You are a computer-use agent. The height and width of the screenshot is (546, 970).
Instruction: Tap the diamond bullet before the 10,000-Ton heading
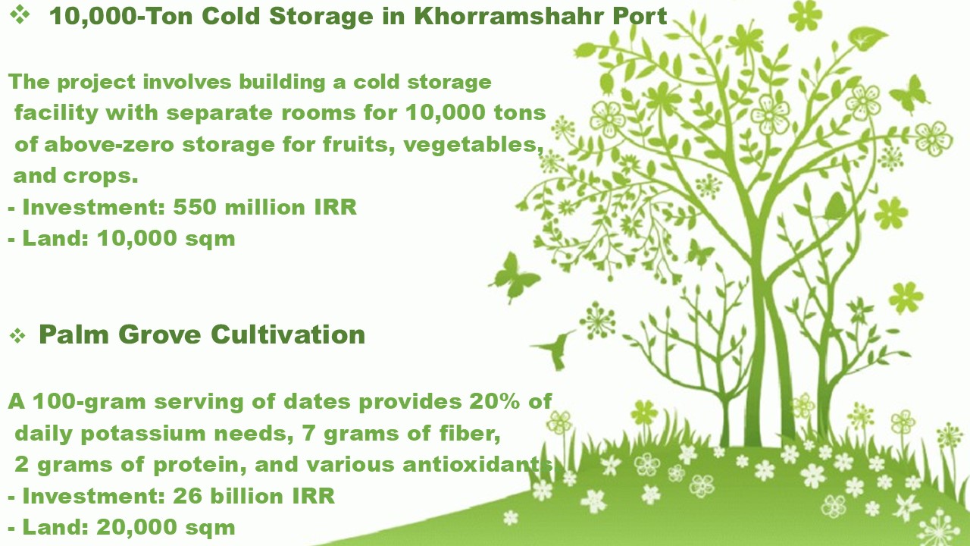[x=20, y=14]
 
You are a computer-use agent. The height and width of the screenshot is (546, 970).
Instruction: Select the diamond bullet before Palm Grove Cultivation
[x=17, y=336]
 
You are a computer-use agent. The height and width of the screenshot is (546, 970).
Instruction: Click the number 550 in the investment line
[x=195, y=207]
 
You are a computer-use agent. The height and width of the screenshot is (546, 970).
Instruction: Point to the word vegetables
[x=474, y=144]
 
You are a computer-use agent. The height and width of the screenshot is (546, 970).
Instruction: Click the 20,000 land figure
[x=136, y=527]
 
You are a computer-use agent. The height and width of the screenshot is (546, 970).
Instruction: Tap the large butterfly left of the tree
[x=515, y=278]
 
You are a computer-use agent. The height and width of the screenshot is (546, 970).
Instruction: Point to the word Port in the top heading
[x=640, y=16]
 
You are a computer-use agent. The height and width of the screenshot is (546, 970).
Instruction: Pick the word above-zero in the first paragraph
[x=108, y=144]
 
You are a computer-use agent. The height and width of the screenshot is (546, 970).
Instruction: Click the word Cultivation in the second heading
[x=288, y=334]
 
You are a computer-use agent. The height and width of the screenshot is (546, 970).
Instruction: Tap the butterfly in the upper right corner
[x=909, y=93]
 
